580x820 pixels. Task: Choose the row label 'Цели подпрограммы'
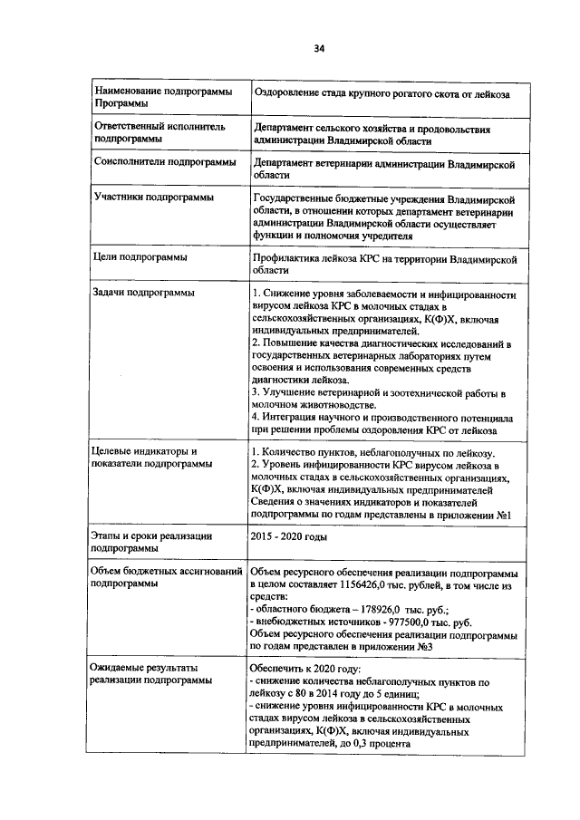134,257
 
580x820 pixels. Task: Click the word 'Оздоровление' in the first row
293,93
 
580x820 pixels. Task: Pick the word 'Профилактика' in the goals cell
289,258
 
